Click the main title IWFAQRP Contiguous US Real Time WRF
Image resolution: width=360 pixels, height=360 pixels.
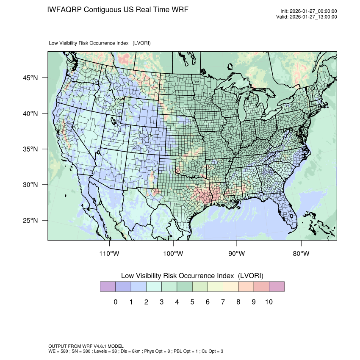click(118, 9)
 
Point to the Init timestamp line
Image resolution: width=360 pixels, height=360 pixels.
click(309, 11)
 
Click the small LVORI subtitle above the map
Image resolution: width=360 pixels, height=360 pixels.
click(100, 43)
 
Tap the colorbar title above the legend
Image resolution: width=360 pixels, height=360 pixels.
click(192, 276)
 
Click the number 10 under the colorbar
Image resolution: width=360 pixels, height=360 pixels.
click(269, 302)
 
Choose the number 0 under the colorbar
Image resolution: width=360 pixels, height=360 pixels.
click(115, 302)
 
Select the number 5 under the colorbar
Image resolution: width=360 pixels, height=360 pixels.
click(192, 302)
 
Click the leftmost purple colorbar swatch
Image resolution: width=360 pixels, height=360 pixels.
click(108, 287)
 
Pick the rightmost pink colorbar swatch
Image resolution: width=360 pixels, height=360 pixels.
click(277, 287)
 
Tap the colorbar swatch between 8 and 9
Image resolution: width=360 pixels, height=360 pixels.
click(246, 287)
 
